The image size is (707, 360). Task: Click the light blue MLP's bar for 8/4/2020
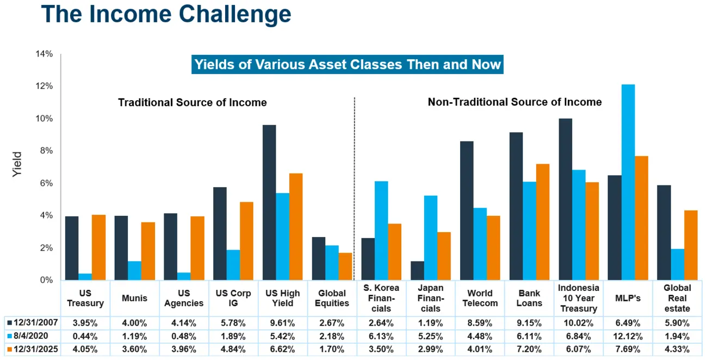coord(628,182)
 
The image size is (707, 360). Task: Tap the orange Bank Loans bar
coord(542,222)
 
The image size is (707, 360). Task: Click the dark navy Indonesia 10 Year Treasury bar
coord(566,199)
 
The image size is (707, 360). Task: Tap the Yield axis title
coord(17,164)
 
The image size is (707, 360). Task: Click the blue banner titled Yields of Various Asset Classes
coord(348,65)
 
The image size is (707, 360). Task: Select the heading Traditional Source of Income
coord(193,102)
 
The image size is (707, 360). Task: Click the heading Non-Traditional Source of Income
coord(514,102)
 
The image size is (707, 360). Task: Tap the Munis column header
coord(134,298)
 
